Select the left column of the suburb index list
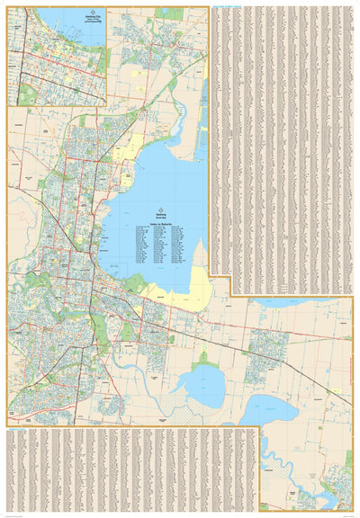147,247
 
